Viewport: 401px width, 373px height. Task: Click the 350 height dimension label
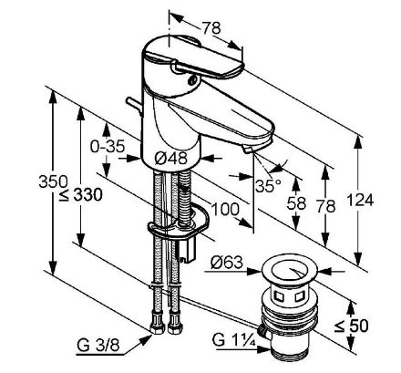pos(53,181)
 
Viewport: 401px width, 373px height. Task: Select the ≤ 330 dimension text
pos(81,194)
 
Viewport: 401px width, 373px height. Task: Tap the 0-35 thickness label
pos(108,147)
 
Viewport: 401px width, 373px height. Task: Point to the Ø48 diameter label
pos(170,159)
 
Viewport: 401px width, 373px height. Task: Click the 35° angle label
pos(268,185)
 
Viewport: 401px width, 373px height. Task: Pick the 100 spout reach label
pos(225,210)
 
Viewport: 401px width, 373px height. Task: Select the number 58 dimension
pos(296,203)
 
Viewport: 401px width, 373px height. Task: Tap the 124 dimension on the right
pos(360,200)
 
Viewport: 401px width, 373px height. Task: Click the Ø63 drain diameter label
pos(227,262)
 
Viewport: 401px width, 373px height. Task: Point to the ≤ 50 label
pos(351,326)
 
